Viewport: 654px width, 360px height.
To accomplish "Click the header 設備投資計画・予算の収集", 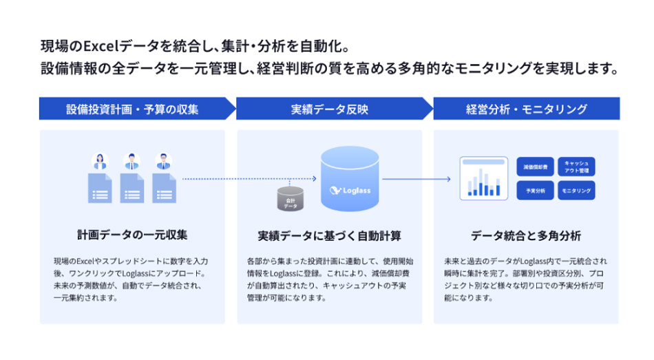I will tap(132, 109).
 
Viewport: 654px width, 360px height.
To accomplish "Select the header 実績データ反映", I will tap(329, 109).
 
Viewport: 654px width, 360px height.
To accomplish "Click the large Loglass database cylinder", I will tap(350, 180).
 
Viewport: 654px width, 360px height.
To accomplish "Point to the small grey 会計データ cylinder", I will tap(291, 200).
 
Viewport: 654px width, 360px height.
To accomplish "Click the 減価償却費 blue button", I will tap(535, 167).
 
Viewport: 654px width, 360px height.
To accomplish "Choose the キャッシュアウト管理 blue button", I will tap(576, 167).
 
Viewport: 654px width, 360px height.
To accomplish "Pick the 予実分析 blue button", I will tap(535, 190).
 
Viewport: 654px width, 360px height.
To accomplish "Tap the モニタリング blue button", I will tap(576, 190).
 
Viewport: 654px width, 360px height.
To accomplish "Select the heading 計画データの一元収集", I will tap(132, 235).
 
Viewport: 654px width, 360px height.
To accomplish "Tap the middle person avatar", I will tap(131, 162).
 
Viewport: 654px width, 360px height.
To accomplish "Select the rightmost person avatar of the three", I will tap(163, 162).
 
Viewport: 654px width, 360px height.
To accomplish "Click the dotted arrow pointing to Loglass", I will tap(248, 180).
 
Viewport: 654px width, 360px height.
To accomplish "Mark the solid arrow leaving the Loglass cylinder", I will tap(416, 180).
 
